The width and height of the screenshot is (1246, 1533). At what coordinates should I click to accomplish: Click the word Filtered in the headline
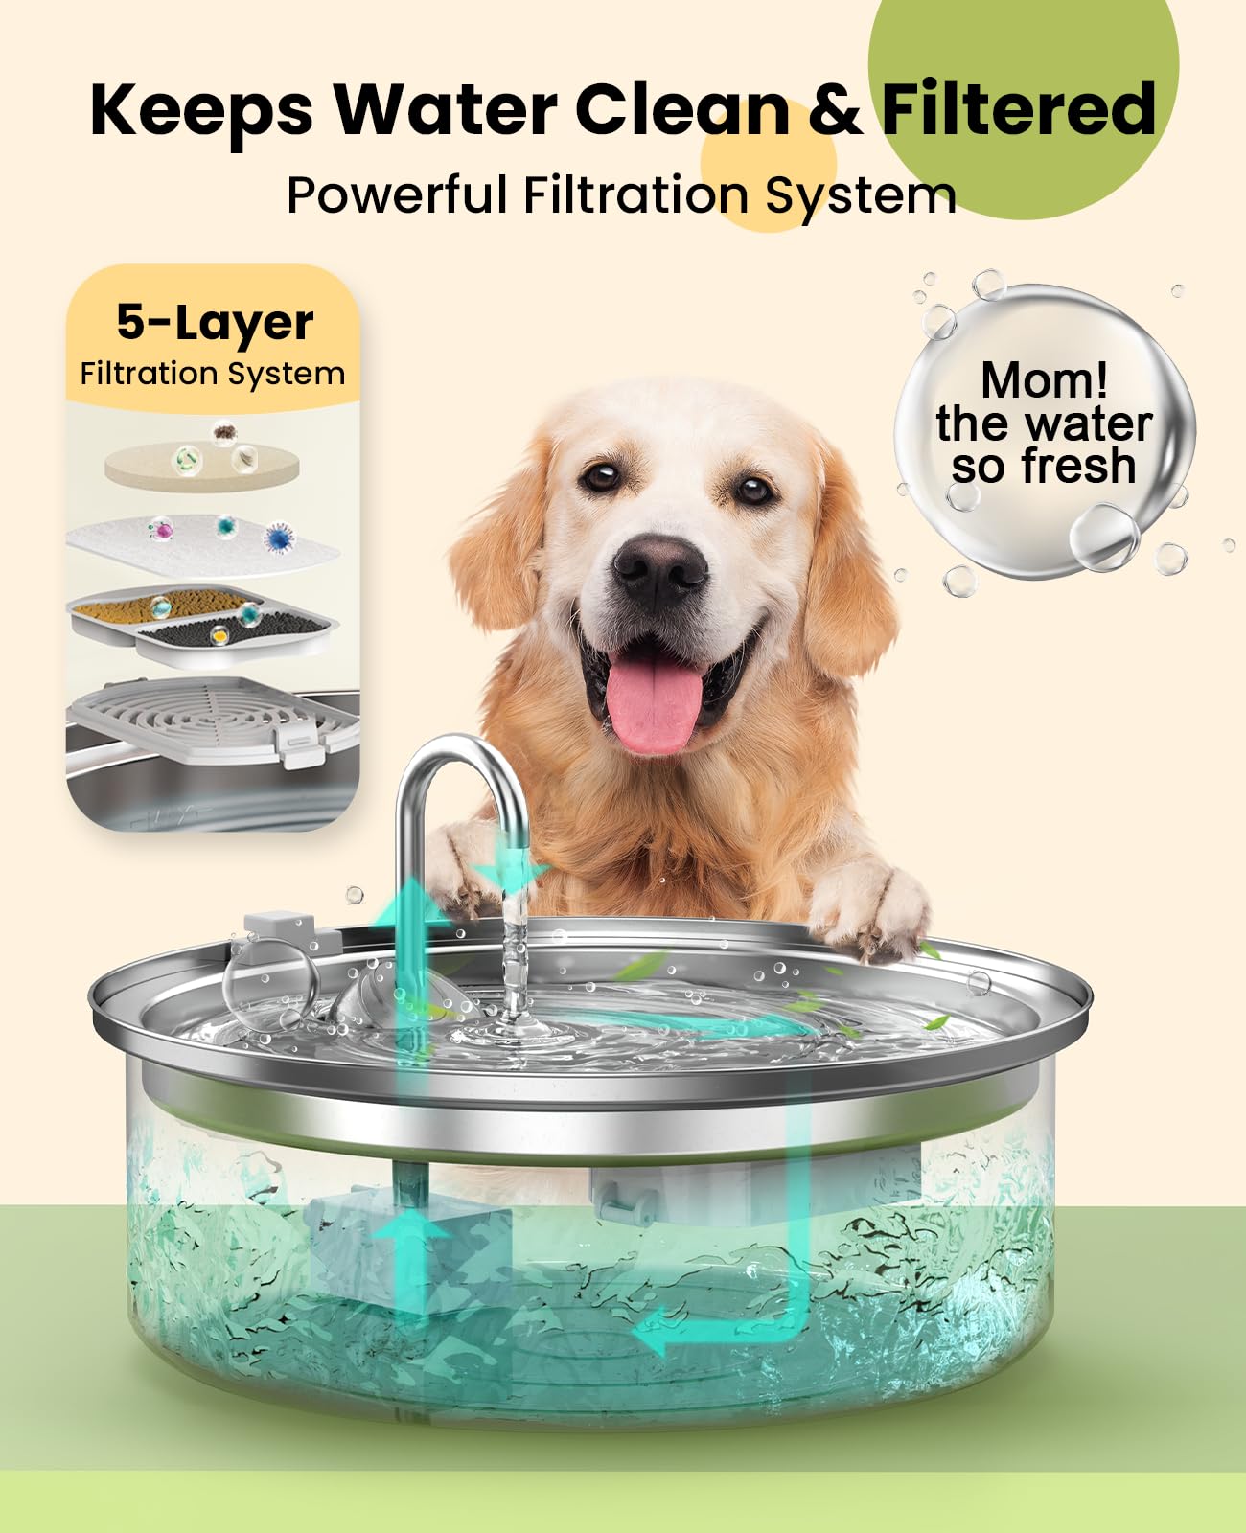coord(1018,108)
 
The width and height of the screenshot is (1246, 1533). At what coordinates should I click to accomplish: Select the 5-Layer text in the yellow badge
coord(215,322)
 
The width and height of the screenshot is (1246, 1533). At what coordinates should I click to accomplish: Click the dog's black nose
coord(659,563)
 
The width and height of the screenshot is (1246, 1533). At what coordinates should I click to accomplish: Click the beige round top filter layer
coord(201,464)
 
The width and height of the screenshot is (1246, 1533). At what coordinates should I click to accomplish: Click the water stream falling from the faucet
coord(516,958)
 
